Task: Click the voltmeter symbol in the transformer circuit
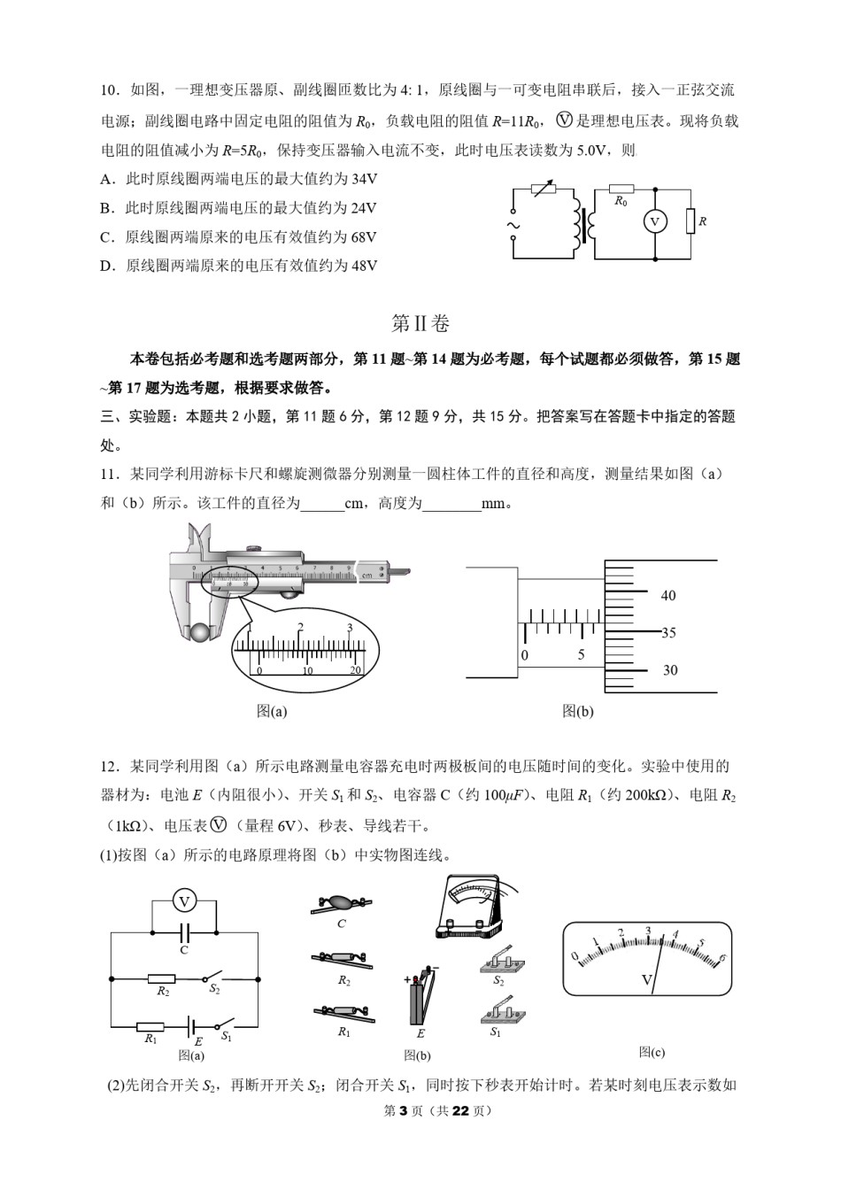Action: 654,221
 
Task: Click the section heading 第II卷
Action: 420,323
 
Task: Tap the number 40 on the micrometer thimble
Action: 668,596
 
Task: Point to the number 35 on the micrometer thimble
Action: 668,633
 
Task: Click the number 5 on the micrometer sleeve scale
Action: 581,655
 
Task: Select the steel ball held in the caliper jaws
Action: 202,632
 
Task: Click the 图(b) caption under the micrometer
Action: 577,710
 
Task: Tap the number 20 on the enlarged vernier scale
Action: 356,670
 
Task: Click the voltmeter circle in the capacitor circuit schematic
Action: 184,901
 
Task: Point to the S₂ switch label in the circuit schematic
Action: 214,989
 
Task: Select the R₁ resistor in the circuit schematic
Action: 150,1026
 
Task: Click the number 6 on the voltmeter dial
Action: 721,958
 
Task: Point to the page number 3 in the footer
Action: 401,1110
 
